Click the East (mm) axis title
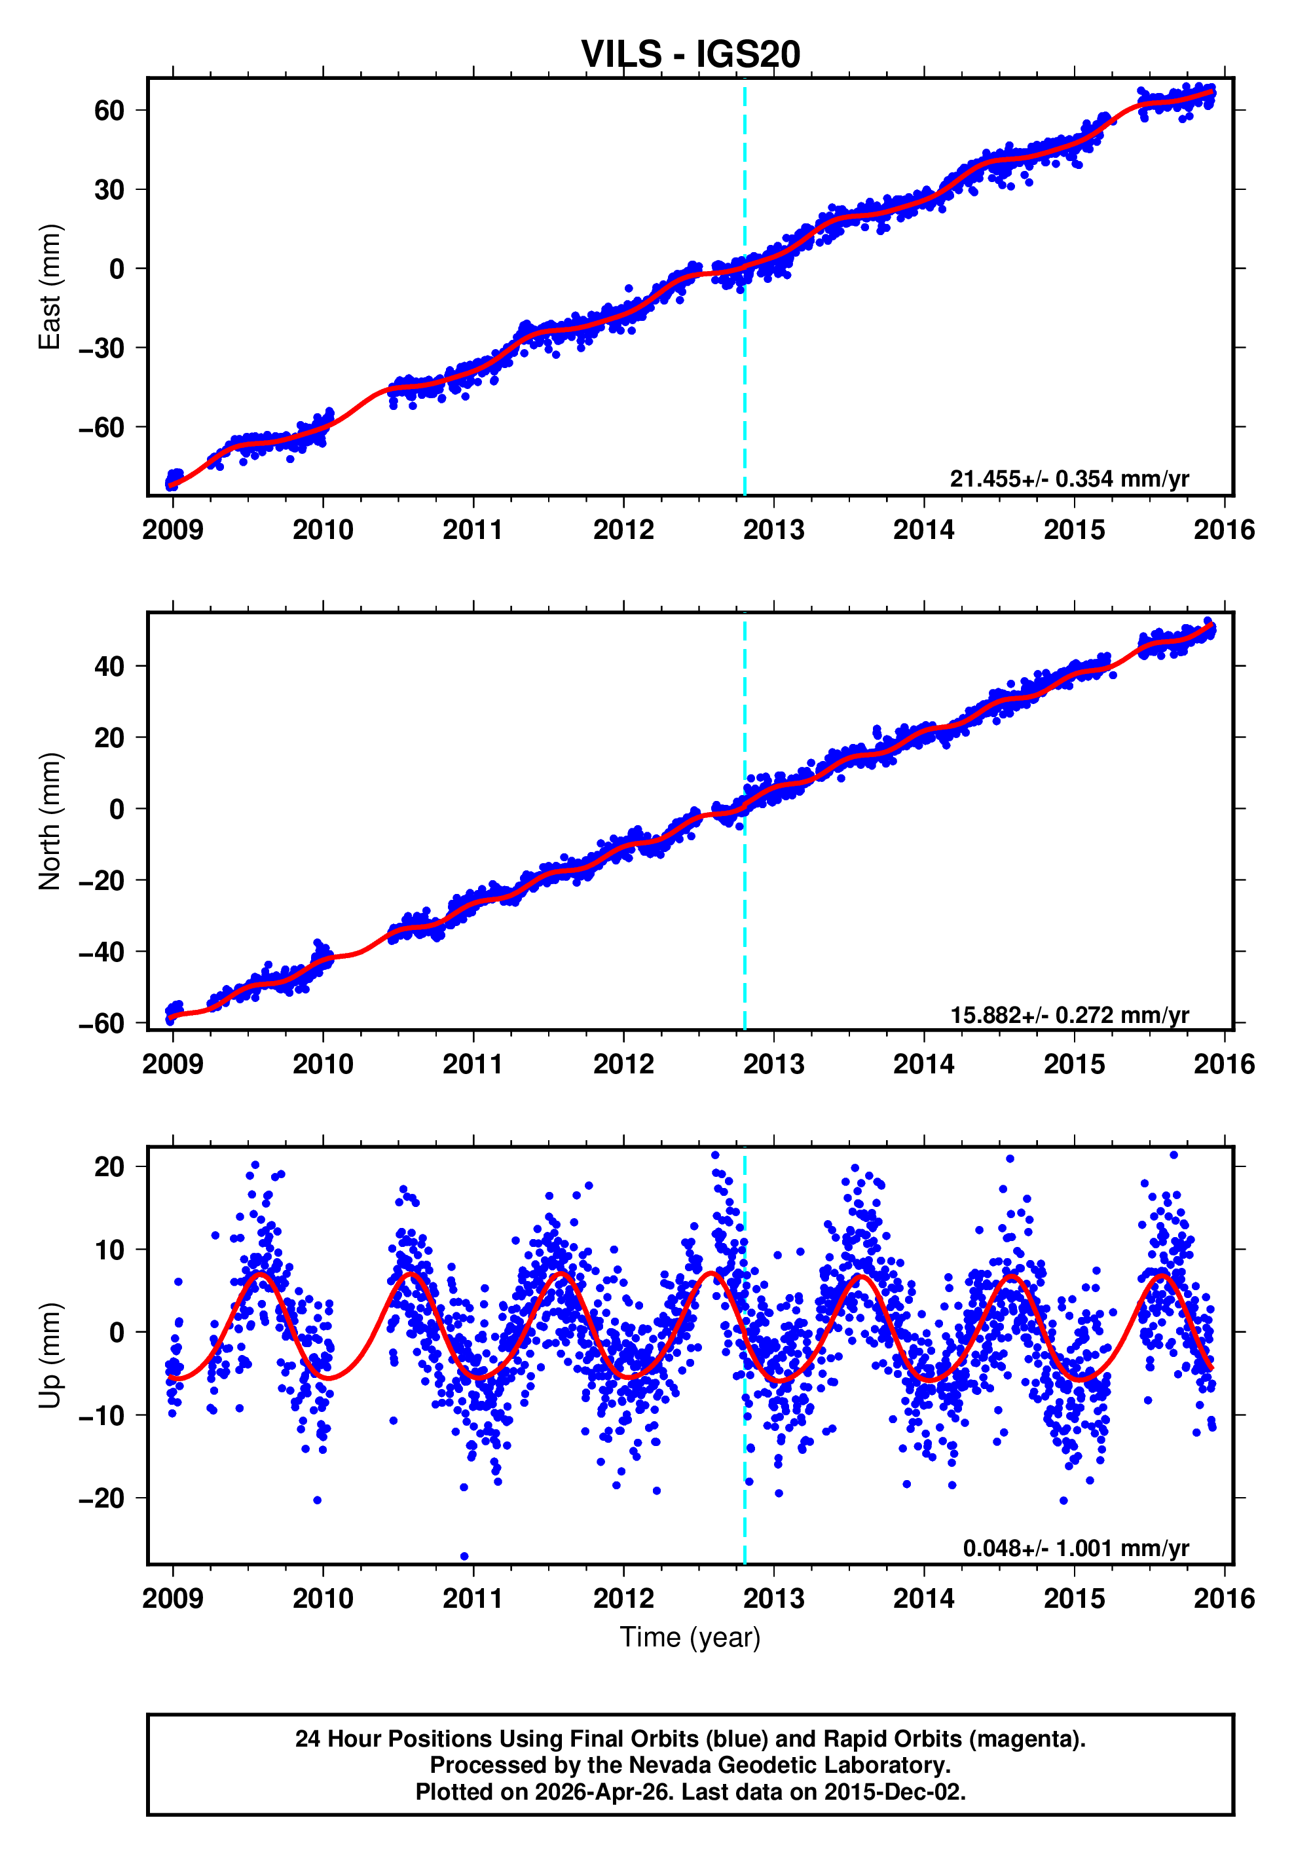(50, 287)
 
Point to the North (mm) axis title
(50, 821)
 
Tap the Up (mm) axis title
(50, 1356)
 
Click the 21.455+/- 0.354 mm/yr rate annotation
(1069, 479)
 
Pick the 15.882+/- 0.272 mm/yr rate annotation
(1069, 1014)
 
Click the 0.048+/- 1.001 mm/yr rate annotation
(1075, 1548)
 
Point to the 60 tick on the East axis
(109, 110)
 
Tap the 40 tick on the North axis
(109, 667)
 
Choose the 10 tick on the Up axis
(109, 1250)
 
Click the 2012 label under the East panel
(623, 530)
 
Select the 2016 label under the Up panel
(1224, 1599)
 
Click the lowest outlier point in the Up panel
(464, 1556)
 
